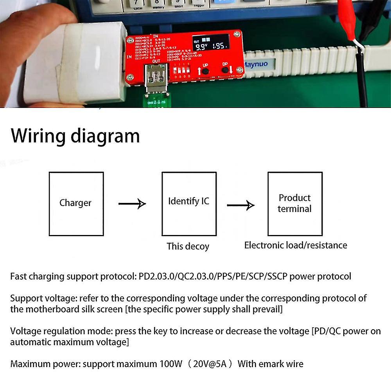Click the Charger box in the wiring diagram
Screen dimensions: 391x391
[76, 204]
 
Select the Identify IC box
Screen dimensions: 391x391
[189, 204]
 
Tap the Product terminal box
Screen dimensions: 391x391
[295, 204]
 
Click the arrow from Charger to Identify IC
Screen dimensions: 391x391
[132, 203]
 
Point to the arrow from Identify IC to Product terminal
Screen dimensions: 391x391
[241, 204]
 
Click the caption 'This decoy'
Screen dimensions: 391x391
[188, 246]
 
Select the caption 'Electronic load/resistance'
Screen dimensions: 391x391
[296, 245]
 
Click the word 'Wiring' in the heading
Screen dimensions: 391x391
[38, 136]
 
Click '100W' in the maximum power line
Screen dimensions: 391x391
[170, 364]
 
